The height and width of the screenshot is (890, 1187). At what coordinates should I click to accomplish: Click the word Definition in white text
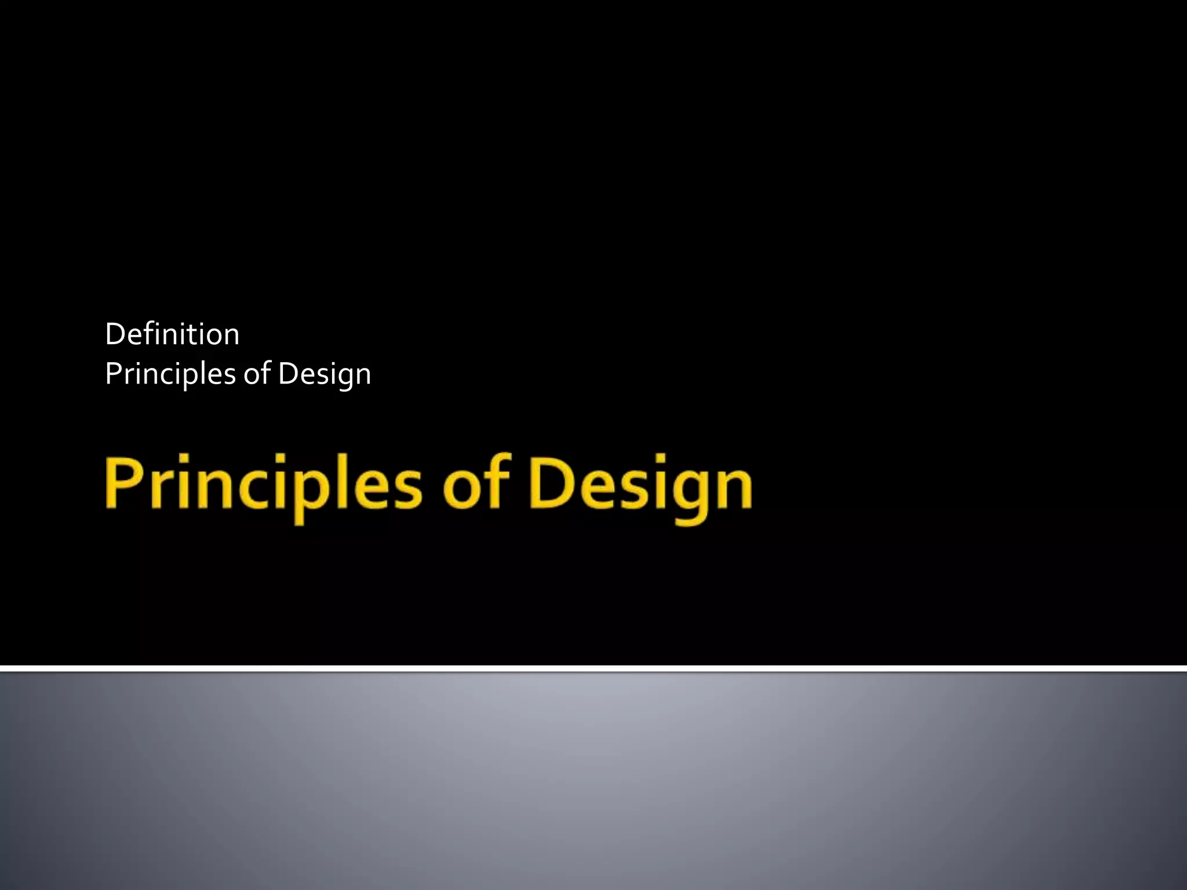pyautogui.click(x=172, y=334)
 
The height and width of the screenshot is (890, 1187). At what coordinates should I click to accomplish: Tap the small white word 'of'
pyautogui.click(x=257, y=374)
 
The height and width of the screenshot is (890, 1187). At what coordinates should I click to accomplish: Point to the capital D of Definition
pyautogui.click(x=115, y=334)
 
